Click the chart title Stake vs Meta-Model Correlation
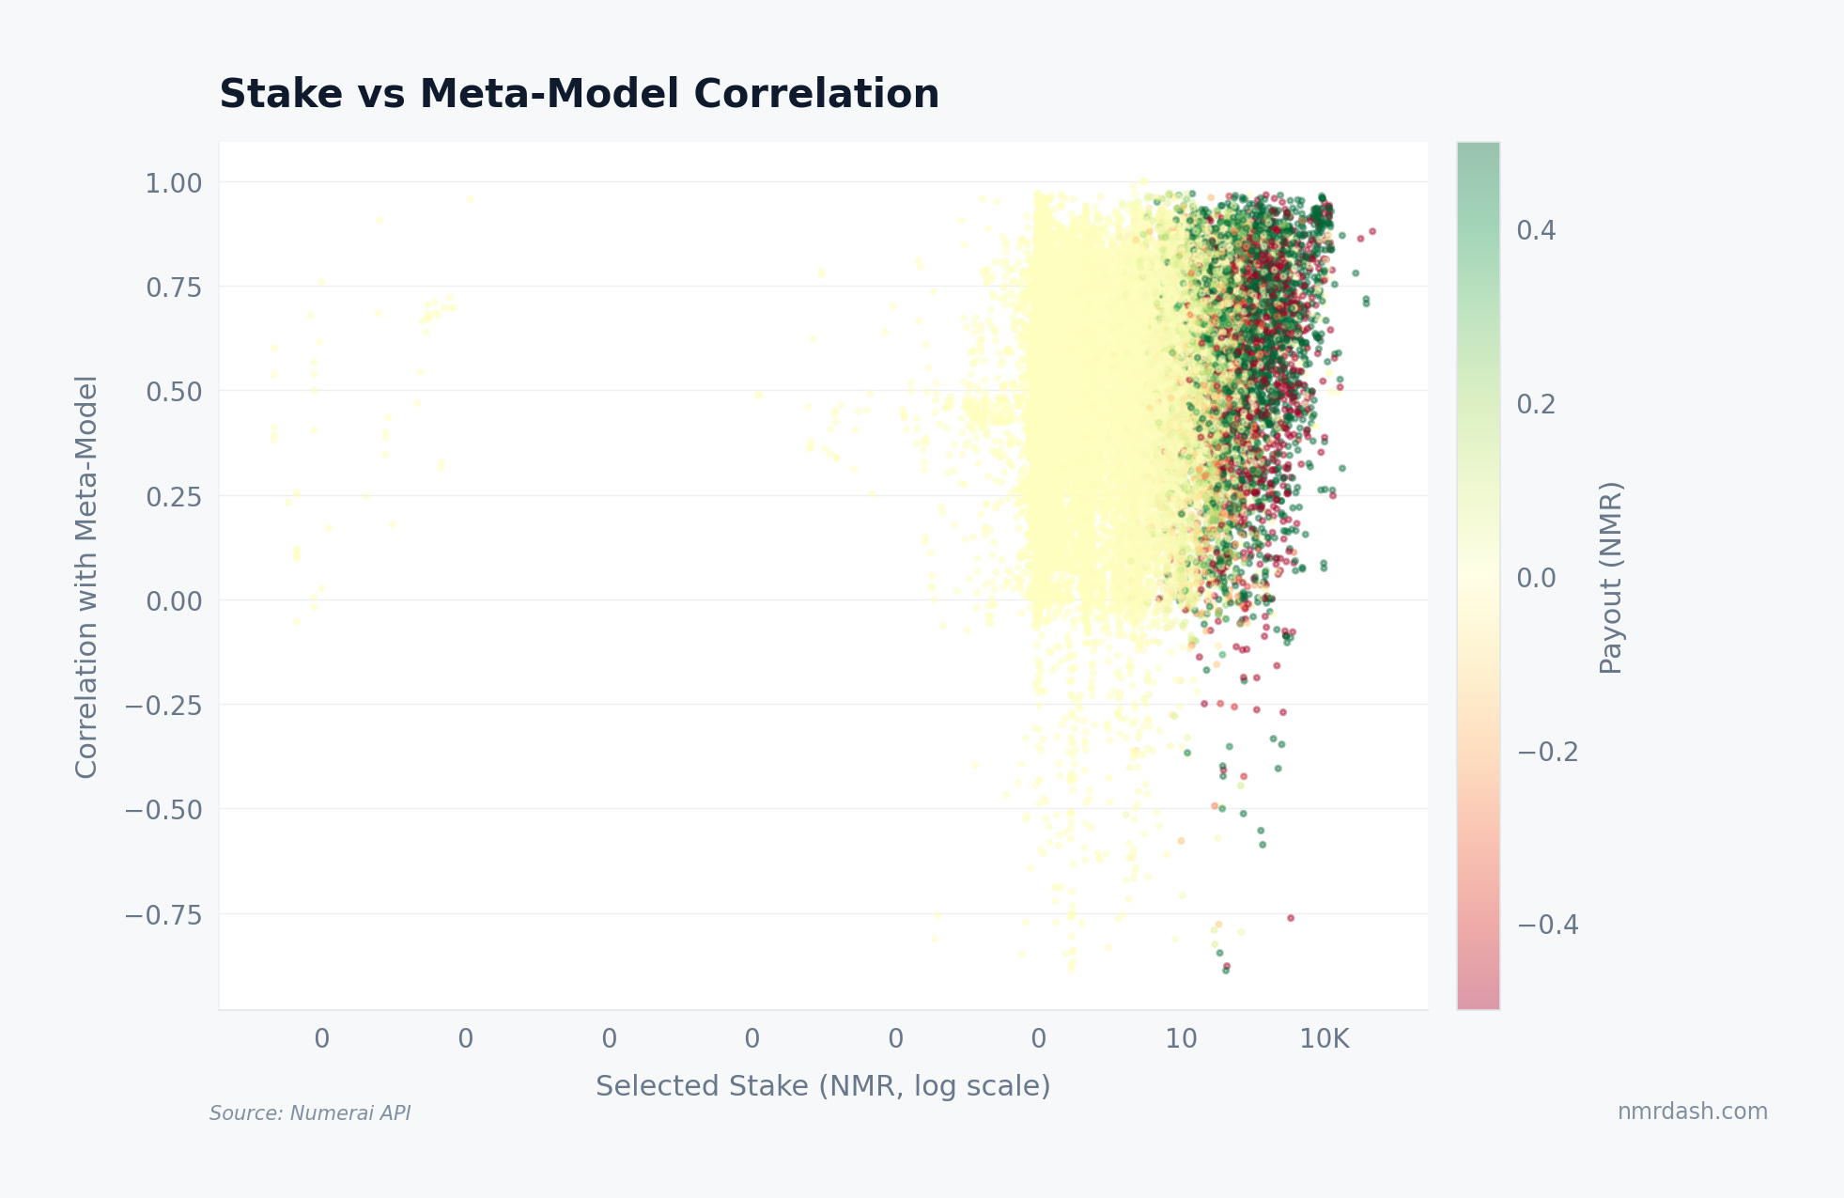[x=579, y=95]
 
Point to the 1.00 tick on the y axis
[x=174, y=183]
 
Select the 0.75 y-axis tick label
[x=174, y=288]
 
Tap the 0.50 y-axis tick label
[x=174, y=392]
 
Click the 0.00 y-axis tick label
[x=174, y=601]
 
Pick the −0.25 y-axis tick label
[x=164, y=706]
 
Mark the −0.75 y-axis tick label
[x=164, y=914]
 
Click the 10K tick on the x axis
[x=1325, y=1039]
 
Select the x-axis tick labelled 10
[x=1181, y=1039]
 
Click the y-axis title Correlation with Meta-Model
[x=86, y=576]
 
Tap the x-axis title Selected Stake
[x=823, y=1086]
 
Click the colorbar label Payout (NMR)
[x=1611, y=577]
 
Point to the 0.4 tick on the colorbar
[x=1536, y=231]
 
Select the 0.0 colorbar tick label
[x=1536, y=578]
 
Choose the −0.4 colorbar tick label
[x=1547, y=926]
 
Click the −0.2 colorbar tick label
[x=1547, y=752]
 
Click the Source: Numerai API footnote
[x=310, y=1113]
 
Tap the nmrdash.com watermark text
[x=1692, y=1112]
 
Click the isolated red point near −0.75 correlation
[x=1291, y=918]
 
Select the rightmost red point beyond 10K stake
[x=1372, y=231]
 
